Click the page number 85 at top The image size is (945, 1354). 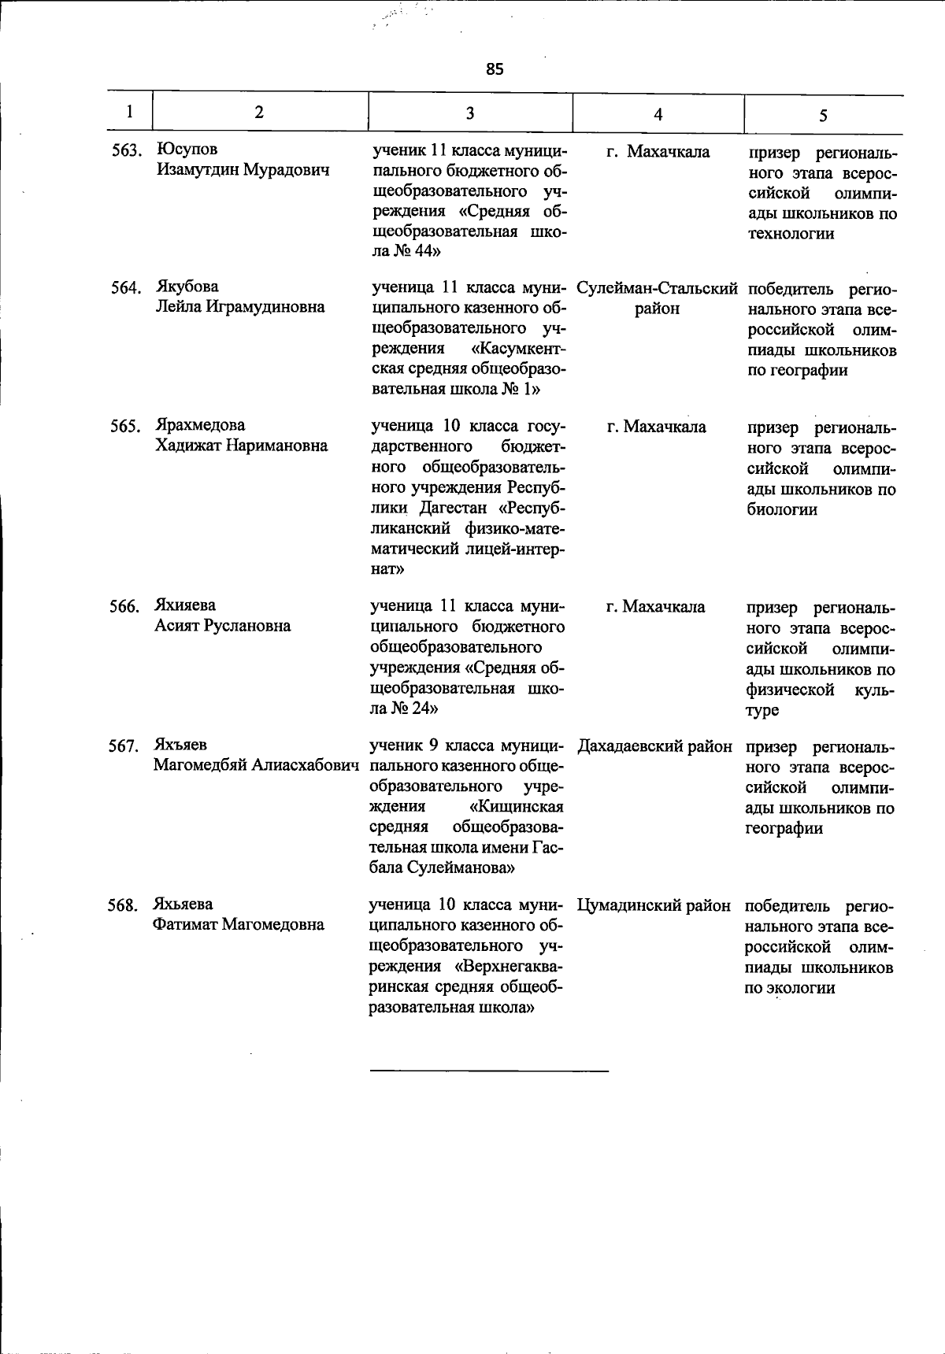494,69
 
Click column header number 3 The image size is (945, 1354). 469,113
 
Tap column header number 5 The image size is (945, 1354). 822,115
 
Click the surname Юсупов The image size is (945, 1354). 187,150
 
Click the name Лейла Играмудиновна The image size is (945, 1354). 239,307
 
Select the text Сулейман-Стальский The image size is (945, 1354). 657,288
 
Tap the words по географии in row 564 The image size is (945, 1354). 798,370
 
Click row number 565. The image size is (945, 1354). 124,427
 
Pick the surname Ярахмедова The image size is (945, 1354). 200,425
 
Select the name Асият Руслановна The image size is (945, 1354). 222,626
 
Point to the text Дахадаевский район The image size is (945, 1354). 655,745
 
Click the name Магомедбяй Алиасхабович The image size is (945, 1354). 257,765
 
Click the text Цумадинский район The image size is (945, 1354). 654,905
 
